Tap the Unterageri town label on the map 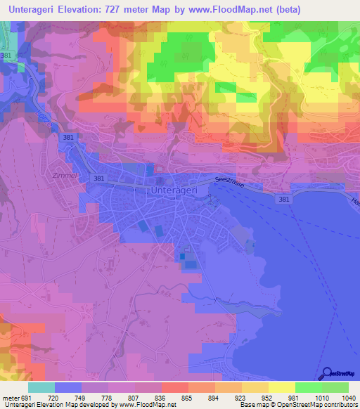pyautogui.click(x=176, y=190)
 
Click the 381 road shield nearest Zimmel pyautogui.click(x=98, y=179)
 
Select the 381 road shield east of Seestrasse pyautogui.click(x=284, y=200)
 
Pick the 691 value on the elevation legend pyautogui.click(x=26, y=397)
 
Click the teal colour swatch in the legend pyautogui.click(x=41, y=387)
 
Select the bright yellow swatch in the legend pyautogui.click(x=282, y=387)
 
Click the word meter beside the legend pyautogui.click(x=10, y=397)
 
